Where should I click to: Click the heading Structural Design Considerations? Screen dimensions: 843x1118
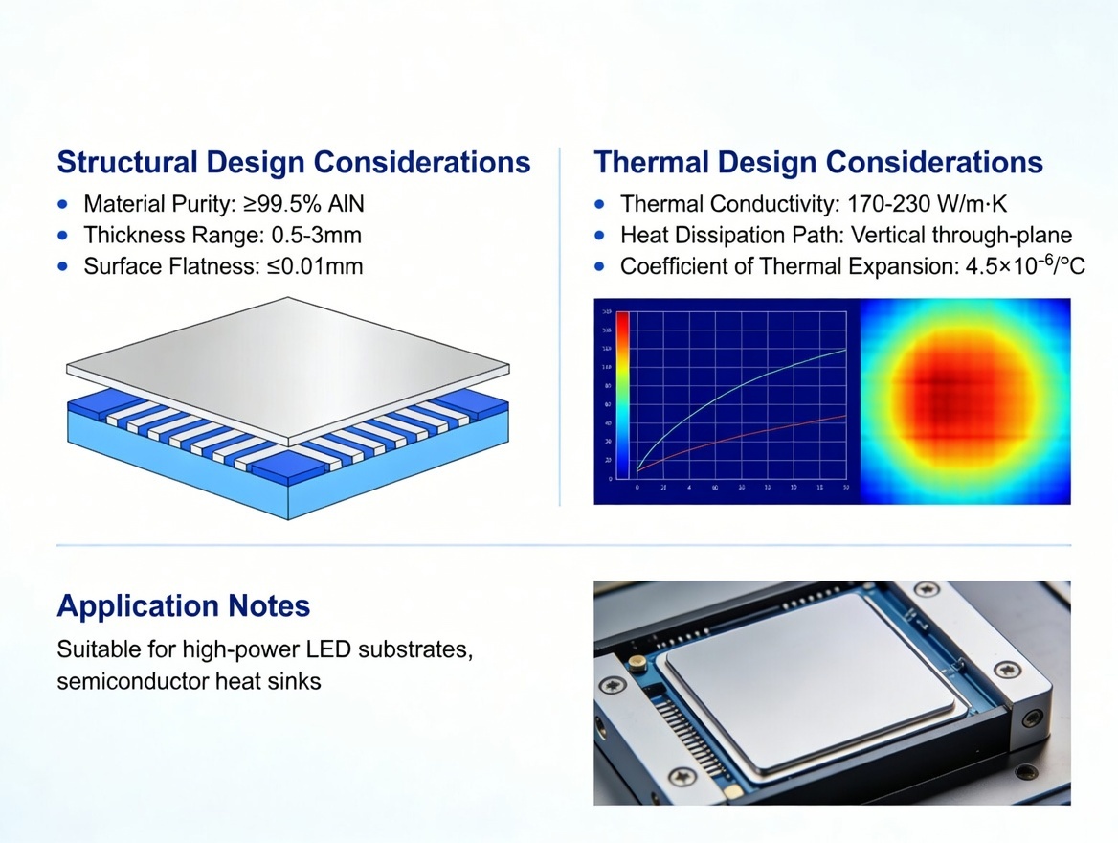pyautogui.click(x=293, y=162)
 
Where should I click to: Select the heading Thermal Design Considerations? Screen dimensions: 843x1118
pyautogui.click(x=818, y=162)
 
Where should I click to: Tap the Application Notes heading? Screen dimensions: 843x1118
pyautogui.click(x=183, y=605)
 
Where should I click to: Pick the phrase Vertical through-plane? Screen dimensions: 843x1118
pyautogui.click(x=960, y=235)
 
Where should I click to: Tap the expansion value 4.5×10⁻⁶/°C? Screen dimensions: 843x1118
pyautogui.click(x=1021, y=265)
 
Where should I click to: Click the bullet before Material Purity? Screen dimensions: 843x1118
pyautogui.click(x=63, y=204)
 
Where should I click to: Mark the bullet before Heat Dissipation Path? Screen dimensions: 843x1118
pyautogui.click(x=600, y=235)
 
